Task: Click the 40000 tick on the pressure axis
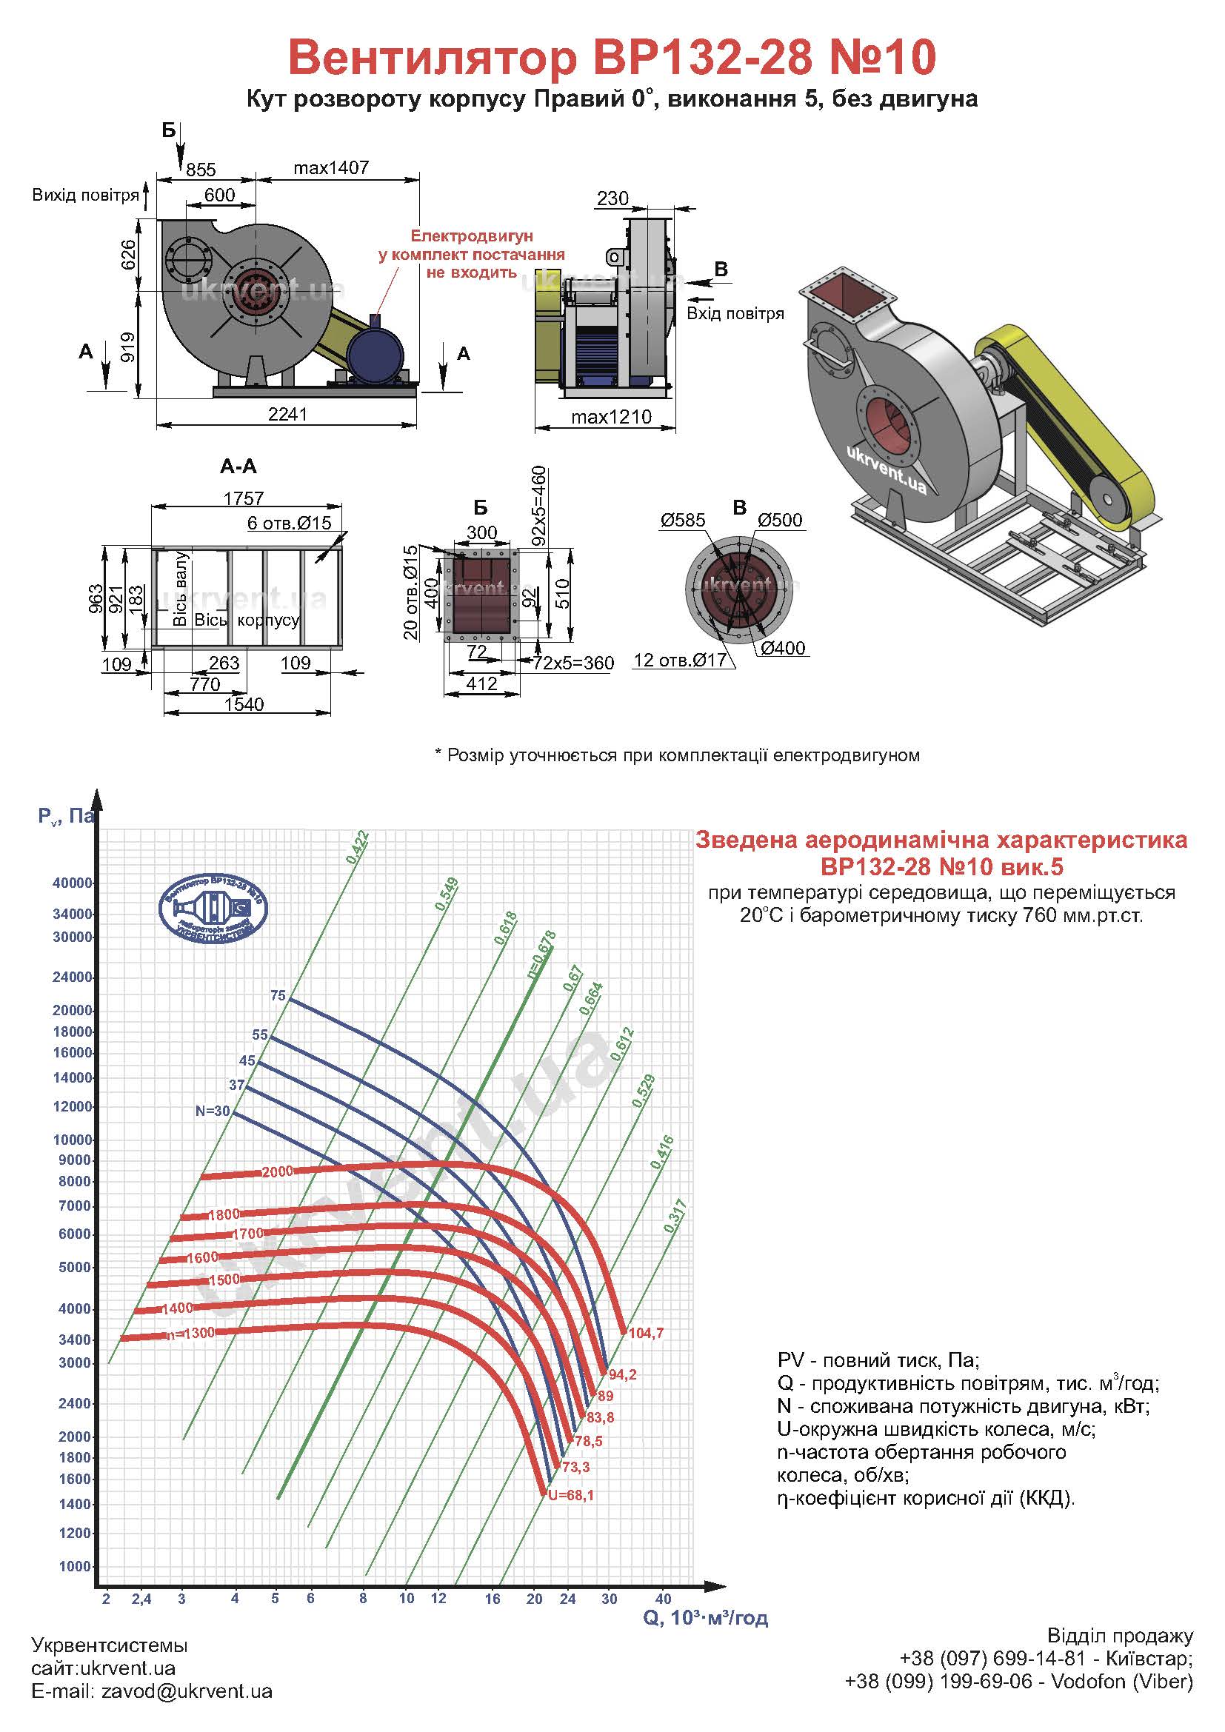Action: (73, 883)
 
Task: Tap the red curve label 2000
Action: (277, 1172)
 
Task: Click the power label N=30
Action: (212, 1111)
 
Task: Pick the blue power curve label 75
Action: (278, 996)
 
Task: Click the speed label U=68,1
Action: (571, 1495)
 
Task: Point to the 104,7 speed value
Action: (646, 1333)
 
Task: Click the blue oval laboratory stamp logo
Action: (213, 909)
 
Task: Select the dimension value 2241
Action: (287, 414)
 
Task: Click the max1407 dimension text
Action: (331, 167)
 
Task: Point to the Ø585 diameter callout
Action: (683, 520)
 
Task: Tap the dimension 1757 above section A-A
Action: (244, 498)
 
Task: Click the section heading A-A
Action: (238, 467)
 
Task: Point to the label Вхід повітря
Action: (735, 313)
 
